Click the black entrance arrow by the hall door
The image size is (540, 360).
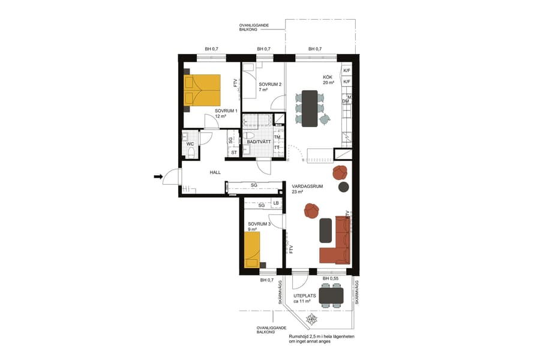coord(158,176)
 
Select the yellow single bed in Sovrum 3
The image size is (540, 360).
coord(252,249)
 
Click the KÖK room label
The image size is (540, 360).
coord(328,77)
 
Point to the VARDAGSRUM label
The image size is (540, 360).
coord(307,186)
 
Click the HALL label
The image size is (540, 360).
coord(215,172)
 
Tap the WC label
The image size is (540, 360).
coord(190,144)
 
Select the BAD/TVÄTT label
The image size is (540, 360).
coord(259,142)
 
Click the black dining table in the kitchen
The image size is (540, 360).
coord(310,108)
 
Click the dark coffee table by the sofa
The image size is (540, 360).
coord(326,230)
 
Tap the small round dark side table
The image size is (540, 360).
coord(343,187)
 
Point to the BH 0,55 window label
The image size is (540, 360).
coord(331,279)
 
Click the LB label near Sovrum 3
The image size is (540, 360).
coord(276,203)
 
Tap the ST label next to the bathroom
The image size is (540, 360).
coord(234,152)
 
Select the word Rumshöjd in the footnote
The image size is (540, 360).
coord(299,337)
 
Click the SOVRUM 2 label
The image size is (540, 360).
coord(270,85)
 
